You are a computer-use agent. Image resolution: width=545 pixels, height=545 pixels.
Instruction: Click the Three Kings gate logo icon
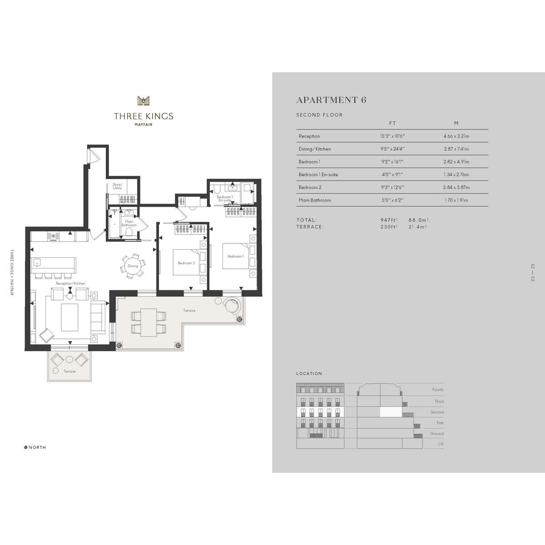pos(144,101)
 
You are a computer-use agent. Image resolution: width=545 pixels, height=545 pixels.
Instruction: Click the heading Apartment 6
pos(331,100)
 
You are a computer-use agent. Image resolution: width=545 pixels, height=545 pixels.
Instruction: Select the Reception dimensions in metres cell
pos(456,136)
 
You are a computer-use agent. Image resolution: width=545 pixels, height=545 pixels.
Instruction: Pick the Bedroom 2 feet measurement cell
pos(392,187)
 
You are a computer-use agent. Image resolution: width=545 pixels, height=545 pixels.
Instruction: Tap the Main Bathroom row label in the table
pos(315,200)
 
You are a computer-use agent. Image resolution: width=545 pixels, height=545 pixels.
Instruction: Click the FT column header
pos(392,124)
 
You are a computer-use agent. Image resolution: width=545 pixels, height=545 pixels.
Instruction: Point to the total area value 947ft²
pos(389,220)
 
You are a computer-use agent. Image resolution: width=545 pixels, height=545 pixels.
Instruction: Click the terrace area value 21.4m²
pos(418,227)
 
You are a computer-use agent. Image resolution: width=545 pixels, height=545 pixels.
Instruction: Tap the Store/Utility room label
pos(117,186)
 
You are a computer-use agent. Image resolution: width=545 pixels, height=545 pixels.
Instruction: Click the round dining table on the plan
pos(133,266)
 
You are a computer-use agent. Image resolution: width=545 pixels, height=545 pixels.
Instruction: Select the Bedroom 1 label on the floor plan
pos(236,256)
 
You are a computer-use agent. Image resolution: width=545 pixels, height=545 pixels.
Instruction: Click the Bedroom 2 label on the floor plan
pos(186,263)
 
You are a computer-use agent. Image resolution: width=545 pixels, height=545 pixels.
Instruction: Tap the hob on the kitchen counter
pos(53,237)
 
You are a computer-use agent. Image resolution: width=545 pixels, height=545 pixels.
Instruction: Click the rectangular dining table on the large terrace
pos(149,322)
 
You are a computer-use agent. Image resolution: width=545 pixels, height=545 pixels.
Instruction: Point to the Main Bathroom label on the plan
pos(129,223)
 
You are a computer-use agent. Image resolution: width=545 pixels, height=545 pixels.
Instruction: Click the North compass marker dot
pos(26,447)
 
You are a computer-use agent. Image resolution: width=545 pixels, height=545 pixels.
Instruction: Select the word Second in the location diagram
pos(437,412)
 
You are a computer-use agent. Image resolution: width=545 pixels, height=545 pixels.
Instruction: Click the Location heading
pos(309,374)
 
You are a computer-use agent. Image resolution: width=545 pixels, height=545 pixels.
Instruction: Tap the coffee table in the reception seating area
pos(69,317)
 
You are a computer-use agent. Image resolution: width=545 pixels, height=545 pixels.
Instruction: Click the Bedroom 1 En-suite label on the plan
pos(225,198)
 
